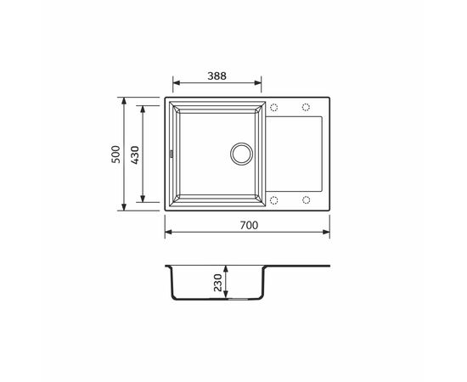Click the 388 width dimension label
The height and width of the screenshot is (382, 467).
(x=217, y=74)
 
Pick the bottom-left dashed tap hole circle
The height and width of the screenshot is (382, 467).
(x=273, y=200)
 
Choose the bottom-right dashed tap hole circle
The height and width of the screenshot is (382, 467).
(x=305, y=200)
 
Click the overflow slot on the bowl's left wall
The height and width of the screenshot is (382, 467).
(x=172, y=154)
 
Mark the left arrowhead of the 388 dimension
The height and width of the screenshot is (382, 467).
(x=176, y=83)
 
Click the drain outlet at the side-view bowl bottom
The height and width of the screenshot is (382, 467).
(x=240, y=300)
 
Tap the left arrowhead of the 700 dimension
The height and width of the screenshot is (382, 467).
(x=167, y=232)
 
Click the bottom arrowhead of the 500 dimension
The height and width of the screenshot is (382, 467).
(x=126, y=205)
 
